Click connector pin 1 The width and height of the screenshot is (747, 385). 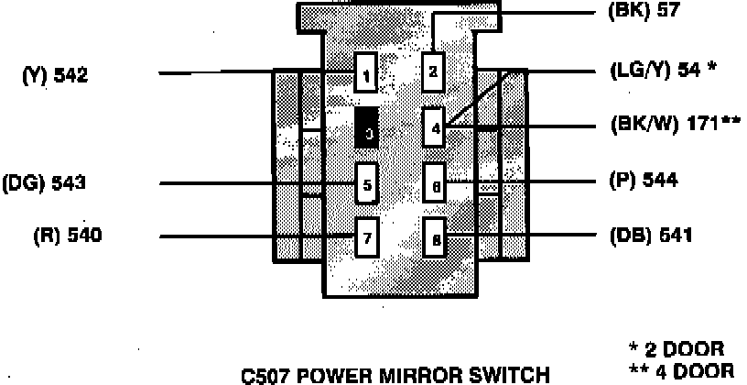click(x=366, y=75)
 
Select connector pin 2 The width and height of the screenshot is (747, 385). click(x=434, y=72)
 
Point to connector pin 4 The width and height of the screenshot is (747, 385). click(x=435, y=128)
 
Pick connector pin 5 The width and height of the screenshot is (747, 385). click(x=366, y=185)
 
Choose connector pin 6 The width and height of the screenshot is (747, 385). click(x=435, y=186)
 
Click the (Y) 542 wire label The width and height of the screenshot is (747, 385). click(x=55, y=76)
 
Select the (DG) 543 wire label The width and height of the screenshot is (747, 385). click(x=45, y=182)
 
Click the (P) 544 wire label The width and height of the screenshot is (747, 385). click(x=643, y=181)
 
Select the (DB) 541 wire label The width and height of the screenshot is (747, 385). click(x=650, y=236)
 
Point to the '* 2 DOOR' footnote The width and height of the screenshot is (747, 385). click(x=677, y=349)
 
